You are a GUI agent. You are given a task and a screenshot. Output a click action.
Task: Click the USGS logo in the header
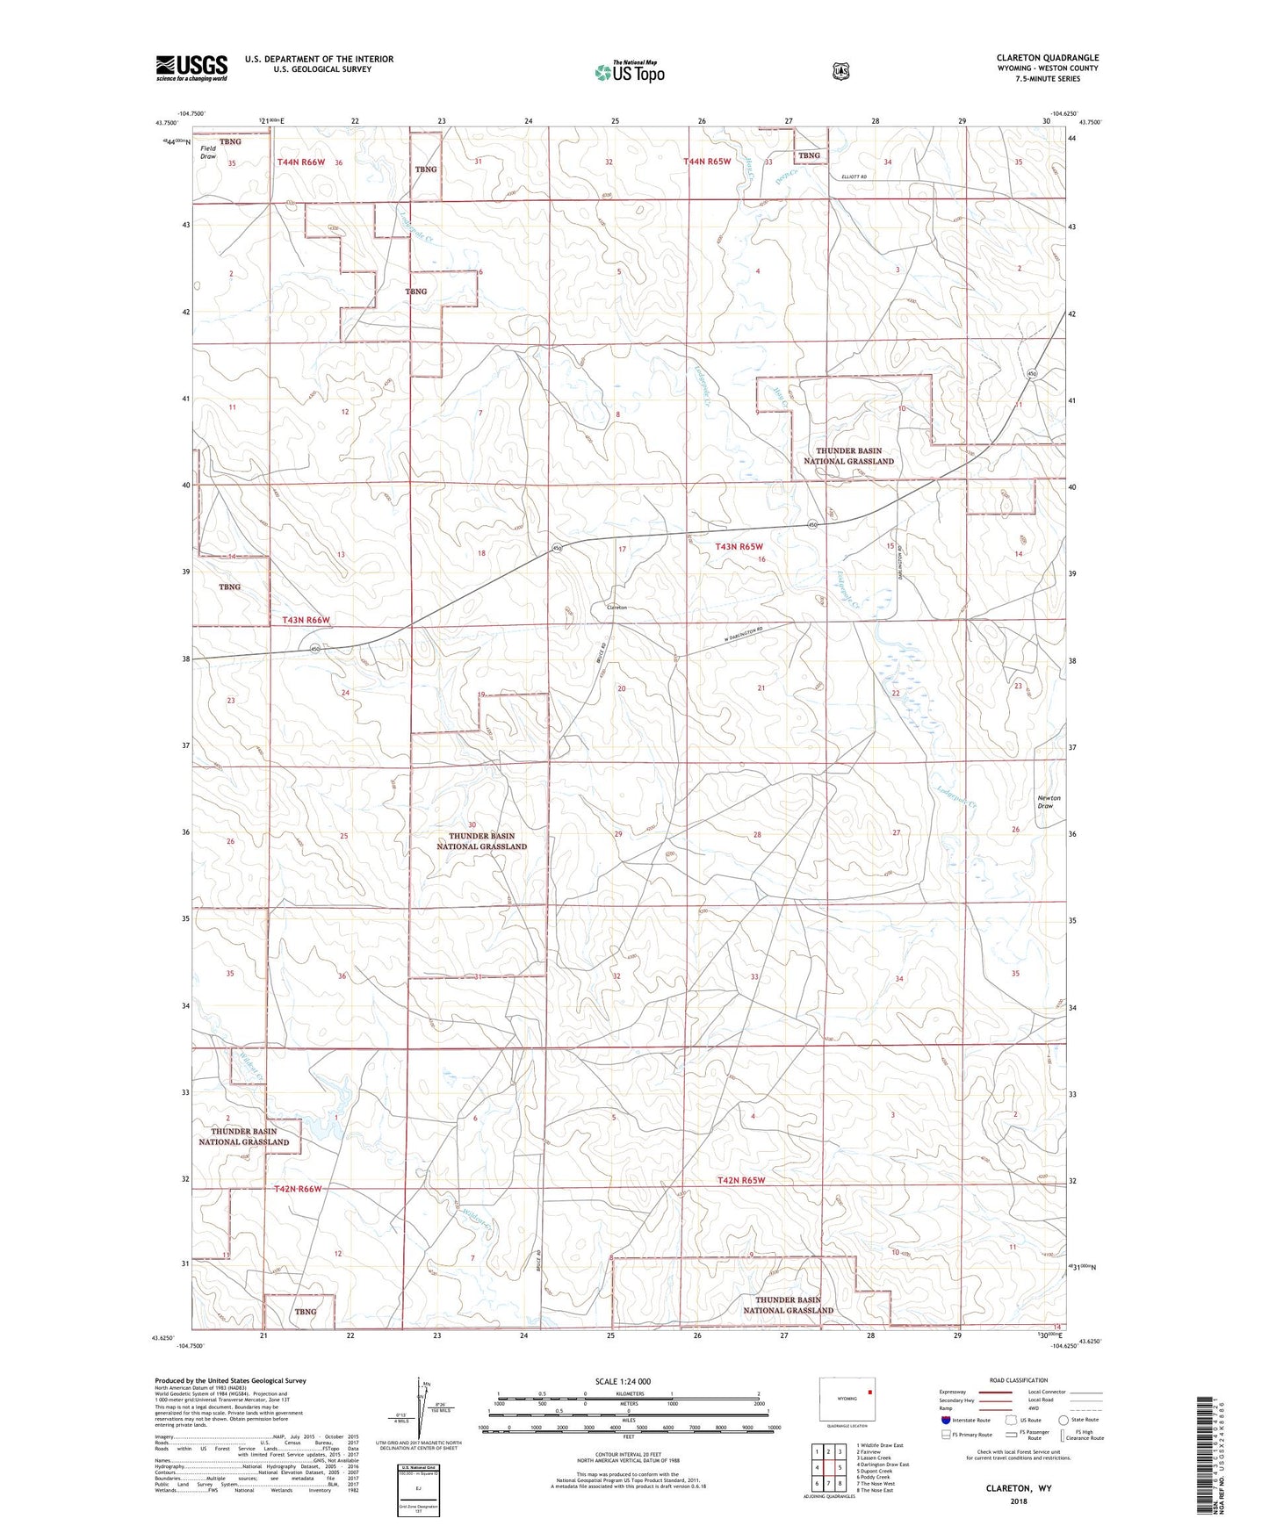point(191,68)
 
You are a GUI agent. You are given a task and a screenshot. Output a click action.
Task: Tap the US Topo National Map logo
point(628,71)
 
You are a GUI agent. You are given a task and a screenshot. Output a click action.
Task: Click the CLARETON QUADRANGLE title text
point(1047,58)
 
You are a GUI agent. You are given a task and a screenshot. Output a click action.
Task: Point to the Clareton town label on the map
point(616,607)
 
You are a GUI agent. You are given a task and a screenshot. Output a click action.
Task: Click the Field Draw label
point(208,153)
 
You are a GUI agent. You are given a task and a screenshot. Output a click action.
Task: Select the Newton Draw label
point(1049,802)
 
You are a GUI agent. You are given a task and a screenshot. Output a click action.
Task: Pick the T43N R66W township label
point(306,620)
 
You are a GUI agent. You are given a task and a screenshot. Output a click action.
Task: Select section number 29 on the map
point(618,834)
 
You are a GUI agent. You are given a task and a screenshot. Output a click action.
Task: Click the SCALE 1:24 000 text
point(623,1381)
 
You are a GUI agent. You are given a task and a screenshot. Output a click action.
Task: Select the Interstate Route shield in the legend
point(945,1419)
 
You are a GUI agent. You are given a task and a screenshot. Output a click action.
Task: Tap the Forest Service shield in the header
point(840,70)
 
